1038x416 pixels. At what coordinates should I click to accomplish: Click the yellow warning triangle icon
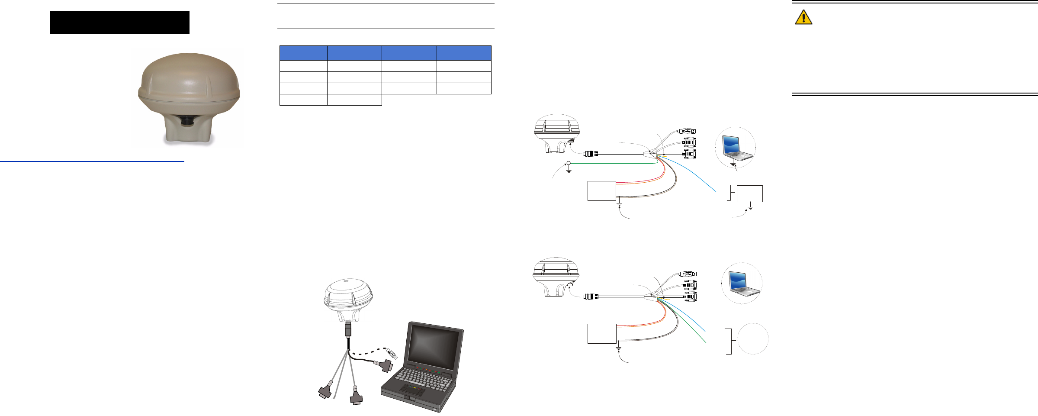click(x=803, y=17)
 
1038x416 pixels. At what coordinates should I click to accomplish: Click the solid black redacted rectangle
click(x=119, y=23)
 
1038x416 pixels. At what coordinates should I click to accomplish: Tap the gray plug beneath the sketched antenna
click(x=348, y=329)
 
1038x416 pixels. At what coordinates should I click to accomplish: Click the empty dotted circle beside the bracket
click(x=753, y=339)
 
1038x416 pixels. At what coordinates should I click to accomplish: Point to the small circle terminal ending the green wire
click(x=569, y=164)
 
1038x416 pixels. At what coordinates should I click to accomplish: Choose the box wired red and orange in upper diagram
click(x=601, y=191)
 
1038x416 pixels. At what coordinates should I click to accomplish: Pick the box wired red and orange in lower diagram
click(x=601, y=333)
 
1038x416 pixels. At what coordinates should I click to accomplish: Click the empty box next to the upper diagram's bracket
click(x=749, y=193)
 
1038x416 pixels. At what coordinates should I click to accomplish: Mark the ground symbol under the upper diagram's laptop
click(x=733, y=164)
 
